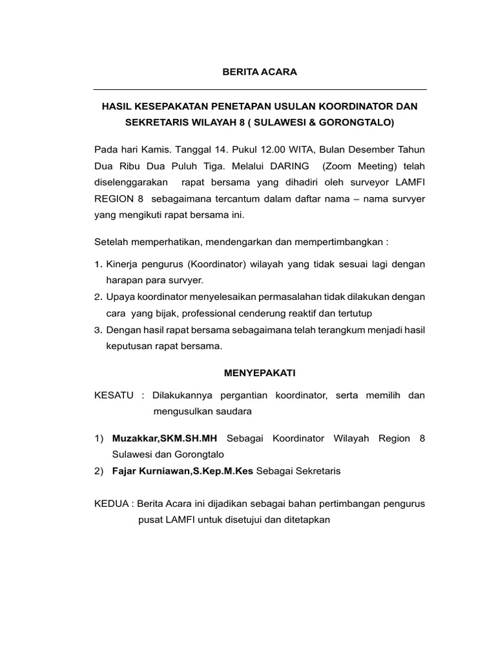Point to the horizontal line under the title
[x=260, y=89]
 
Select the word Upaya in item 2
[x=120, y=297]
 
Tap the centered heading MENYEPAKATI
[x=260, y=373]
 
